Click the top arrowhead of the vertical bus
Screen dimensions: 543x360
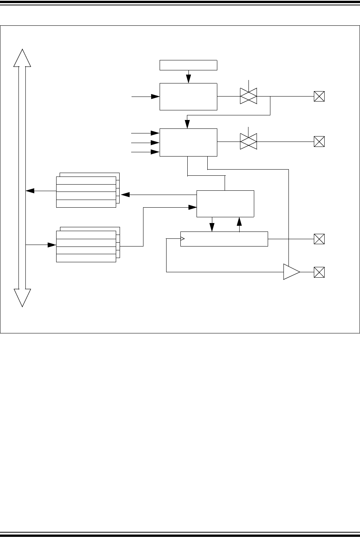tap(22, 58)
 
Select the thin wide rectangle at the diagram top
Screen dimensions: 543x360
tap(188, 65)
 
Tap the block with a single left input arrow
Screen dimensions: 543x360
tap(188, 97)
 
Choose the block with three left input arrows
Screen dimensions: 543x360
tap(188, 142)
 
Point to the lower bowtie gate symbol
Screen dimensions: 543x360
tap(248, 142)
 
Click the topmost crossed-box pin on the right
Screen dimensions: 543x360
tap(319, 96)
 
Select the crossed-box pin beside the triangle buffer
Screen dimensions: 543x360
tap(319, 272)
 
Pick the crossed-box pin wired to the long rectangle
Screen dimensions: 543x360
tap(319, 239)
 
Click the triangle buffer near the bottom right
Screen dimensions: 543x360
tap(291, 272)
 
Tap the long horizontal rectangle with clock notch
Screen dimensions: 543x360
tap(224, 239)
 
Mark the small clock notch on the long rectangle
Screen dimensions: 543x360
tap(183, 239)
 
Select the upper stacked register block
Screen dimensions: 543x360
tap(86, 192)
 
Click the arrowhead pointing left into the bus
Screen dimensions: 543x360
tap(29, 191)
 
